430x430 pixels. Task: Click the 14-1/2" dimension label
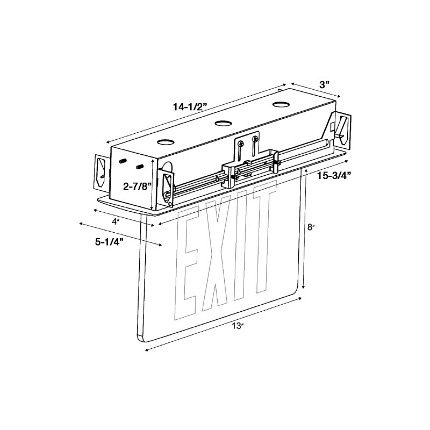pos(191,107)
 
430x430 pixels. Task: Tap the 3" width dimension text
pos(324,84)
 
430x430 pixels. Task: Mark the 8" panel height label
pos(311,227)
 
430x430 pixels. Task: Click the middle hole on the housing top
pos(223,124)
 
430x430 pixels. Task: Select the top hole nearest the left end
pos(165,143)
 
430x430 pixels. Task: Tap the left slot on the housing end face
pos(123,161)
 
